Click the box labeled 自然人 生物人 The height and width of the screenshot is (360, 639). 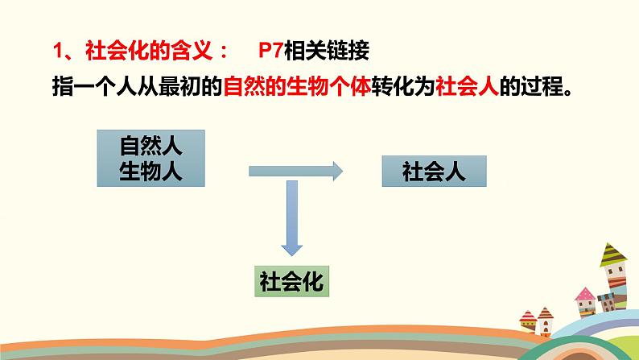150,159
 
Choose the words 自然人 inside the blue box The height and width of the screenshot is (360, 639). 150,147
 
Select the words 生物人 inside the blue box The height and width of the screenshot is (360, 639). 150,172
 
